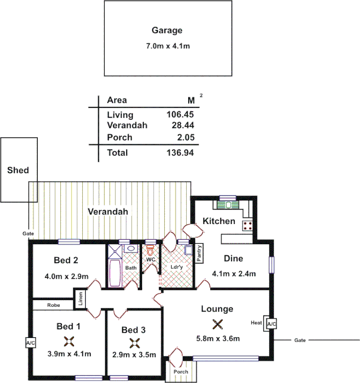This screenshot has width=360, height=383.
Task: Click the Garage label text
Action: point(167,31)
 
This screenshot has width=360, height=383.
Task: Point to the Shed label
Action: point(18,170)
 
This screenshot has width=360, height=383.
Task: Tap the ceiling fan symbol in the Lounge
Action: point(218,325)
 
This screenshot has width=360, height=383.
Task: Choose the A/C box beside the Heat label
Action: point(271,324)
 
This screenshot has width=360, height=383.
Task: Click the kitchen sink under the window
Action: point(228,205)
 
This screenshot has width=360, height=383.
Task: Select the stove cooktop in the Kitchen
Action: point(247,226)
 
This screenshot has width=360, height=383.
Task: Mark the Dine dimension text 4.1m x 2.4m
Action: point(234,274)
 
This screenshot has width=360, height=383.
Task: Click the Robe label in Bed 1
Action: point(53,305)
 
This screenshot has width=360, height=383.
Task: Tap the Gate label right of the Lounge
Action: point(300,340)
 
